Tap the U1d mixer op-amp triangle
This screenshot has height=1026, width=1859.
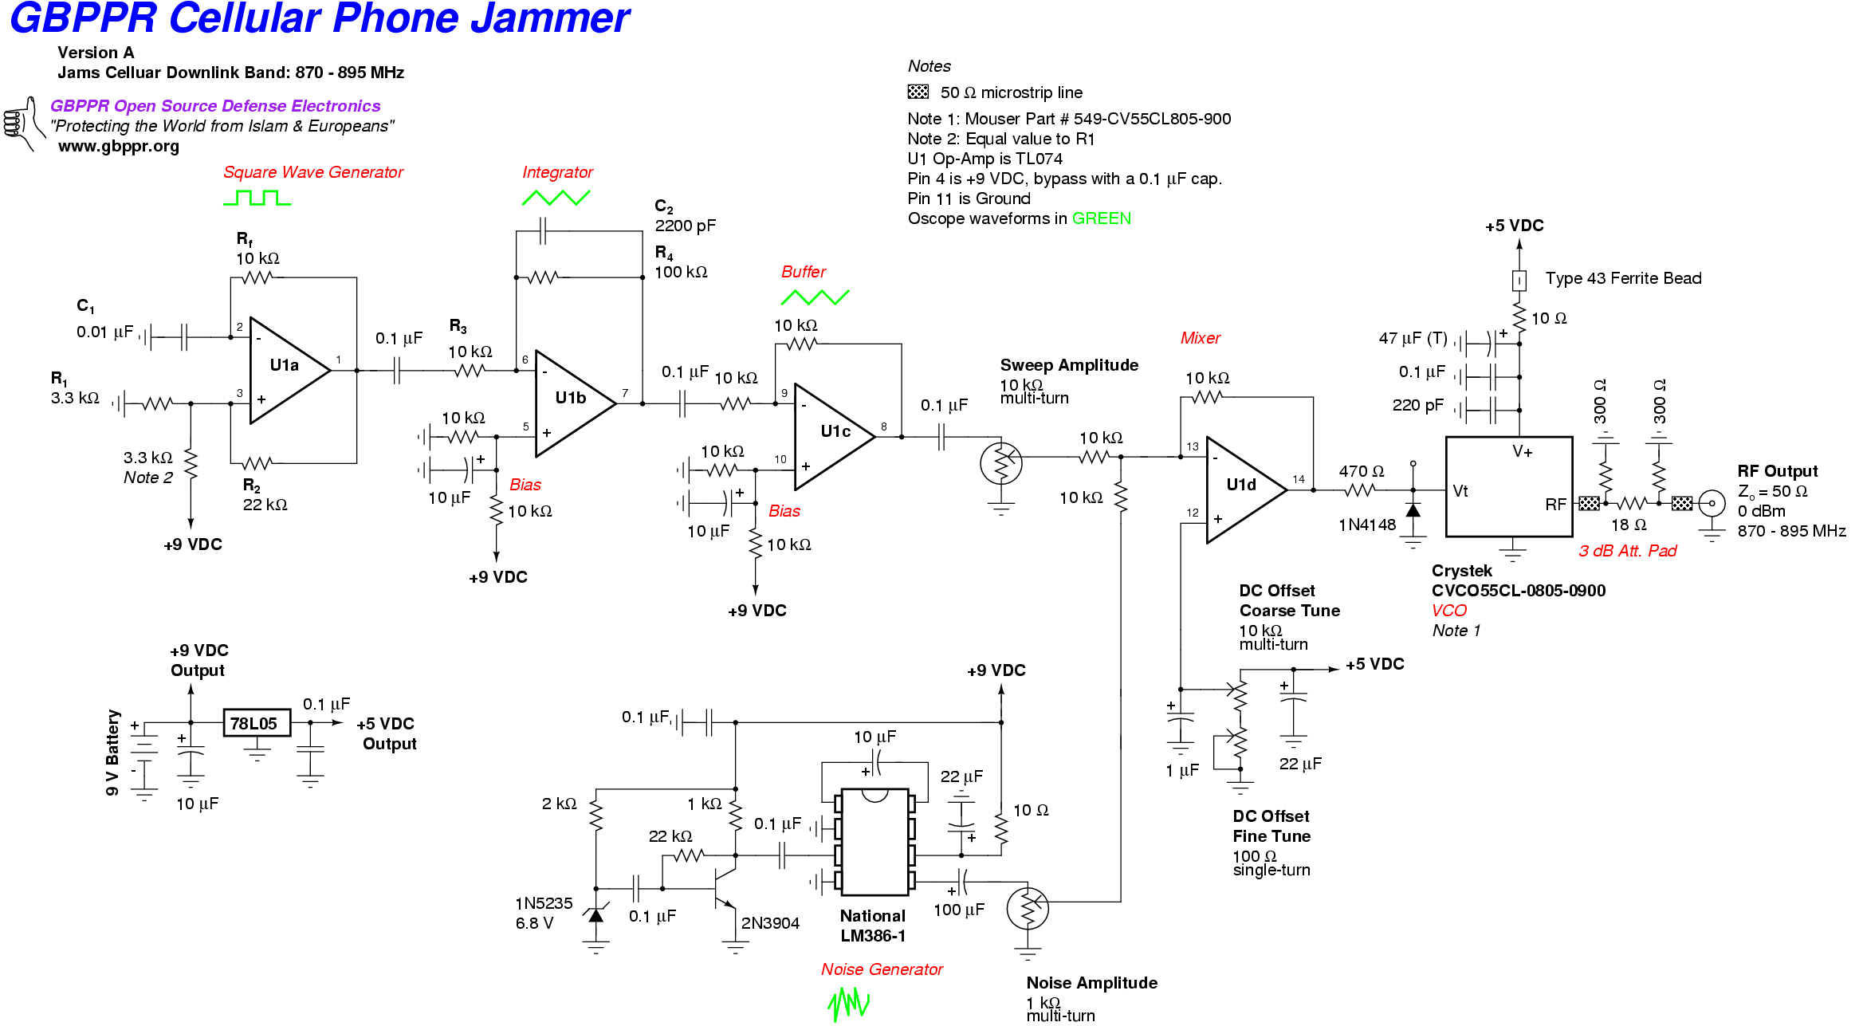(1242, 489)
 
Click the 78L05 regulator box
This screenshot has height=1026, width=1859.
(256, 723)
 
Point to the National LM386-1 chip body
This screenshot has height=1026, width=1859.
(874, 842)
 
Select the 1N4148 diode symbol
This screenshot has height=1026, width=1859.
(1413, 511)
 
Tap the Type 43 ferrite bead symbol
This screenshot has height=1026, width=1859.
(1519, 281)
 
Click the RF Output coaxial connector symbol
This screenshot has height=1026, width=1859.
(1711, 503)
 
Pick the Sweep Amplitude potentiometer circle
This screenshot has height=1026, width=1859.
(1001, 463)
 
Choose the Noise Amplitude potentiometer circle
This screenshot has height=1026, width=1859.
(1028, 908)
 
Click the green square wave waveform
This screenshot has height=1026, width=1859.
(257, 198)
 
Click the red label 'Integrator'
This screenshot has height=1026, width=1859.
(557, 172)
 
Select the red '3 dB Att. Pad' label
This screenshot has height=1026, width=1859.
(1627, 551)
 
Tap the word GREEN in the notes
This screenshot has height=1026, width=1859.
(1101, 218)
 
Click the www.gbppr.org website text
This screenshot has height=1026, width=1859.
(119, 147)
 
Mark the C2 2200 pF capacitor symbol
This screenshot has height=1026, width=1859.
(543, 231)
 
